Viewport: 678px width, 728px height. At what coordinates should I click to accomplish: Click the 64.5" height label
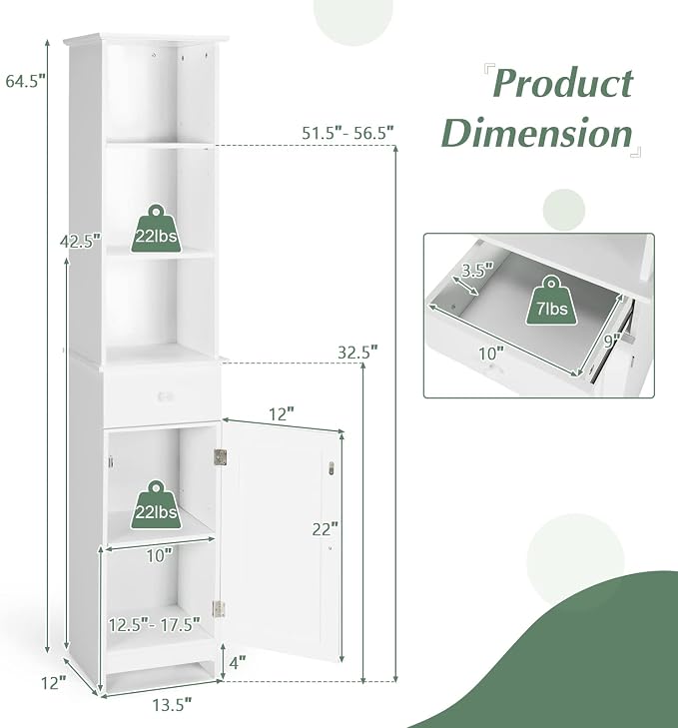[x=26, y=81]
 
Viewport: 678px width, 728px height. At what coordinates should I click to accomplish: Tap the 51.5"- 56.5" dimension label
[x=347, y=133]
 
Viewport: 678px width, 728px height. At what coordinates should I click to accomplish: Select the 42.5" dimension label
[x=80, y=242]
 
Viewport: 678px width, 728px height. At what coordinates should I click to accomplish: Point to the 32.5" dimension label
[x=357, y=353]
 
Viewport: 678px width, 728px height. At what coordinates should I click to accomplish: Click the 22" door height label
[x=326, y=529]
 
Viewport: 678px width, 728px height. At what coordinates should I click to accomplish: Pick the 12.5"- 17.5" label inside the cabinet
[x=155, y=624]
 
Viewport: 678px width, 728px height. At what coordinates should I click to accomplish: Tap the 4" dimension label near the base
[x=238, y=662]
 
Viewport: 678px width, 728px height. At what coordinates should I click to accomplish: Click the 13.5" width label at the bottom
[x=172, y=705]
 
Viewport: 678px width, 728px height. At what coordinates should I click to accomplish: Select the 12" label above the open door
[x=282, y=414]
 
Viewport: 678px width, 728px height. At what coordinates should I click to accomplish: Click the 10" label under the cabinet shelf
[x=160, y=555]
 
